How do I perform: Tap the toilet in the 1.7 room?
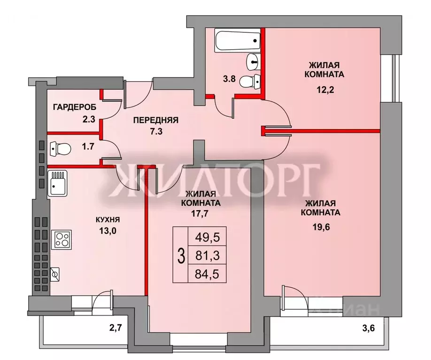point(60,149)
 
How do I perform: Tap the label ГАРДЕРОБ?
point(75,107)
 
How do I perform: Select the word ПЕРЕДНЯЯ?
point(155,120)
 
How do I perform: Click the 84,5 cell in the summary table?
point(207,273)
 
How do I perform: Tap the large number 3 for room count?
point(180,255)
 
